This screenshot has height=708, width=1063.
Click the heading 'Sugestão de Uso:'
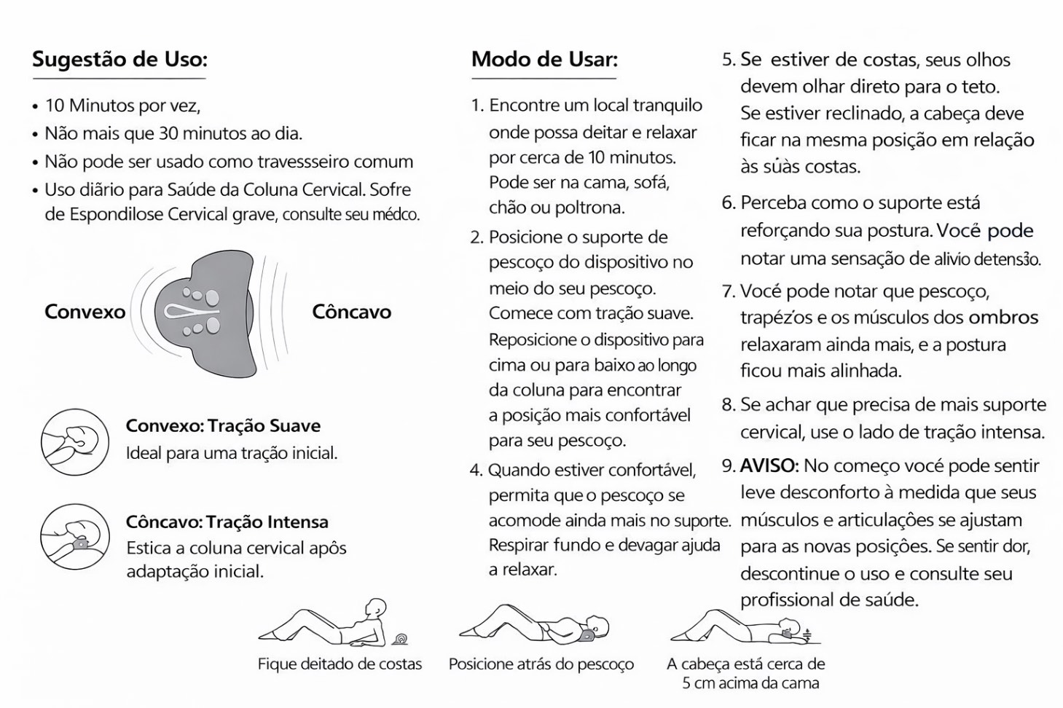119,59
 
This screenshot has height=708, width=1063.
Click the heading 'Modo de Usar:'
544,59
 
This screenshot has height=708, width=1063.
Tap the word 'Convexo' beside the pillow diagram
85,312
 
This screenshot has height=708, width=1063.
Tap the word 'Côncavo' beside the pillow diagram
351,312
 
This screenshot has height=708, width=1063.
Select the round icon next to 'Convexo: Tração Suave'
74,441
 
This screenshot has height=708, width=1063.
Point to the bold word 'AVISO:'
769,465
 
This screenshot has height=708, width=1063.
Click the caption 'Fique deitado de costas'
340,664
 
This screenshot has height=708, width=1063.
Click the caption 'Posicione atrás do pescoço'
541,664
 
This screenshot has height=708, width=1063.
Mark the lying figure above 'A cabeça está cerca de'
743,627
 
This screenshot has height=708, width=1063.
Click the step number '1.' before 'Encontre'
477,106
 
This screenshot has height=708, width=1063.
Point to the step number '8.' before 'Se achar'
729,404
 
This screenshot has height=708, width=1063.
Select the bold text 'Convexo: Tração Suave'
223,425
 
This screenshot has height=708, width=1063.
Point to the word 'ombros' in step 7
1003,318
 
